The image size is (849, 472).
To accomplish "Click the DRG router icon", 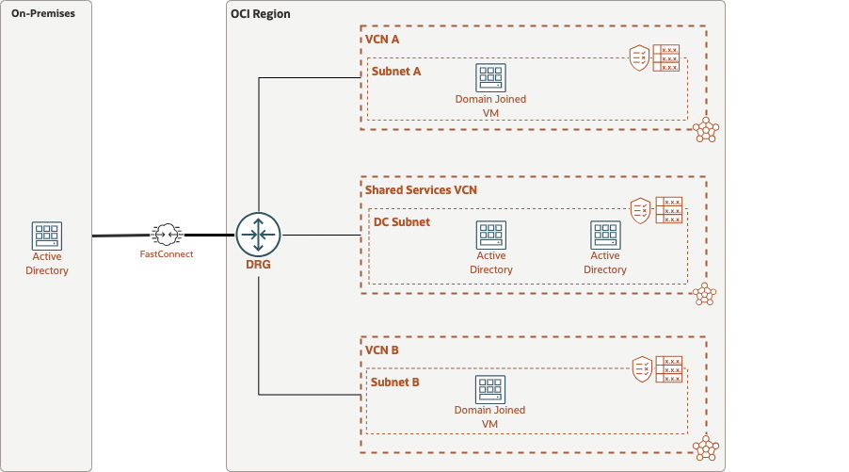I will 258,234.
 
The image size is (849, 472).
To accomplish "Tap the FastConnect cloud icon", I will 166,235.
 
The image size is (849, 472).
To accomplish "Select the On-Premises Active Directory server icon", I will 46,236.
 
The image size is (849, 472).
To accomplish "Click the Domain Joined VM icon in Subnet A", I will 490,78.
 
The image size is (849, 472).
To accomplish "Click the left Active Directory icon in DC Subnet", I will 490,236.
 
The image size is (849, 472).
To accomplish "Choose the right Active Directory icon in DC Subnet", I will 604,236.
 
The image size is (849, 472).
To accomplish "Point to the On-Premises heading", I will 43,14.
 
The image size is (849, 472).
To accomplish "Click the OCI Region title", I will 261,14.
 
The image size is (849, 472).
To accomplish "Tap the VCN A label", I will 382,40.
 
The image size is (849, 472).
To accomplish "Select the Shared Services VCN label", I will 421,190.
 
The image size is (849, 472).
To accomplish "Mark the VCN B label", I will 382,350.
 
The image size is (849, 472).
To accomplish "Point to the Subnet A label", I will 396,72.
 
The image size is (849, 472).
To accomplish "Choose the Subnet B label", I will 396,382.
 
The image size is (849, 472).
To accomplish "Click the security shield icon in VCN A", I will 639,58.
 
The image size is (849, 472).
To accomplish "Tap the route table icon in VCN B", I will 669,369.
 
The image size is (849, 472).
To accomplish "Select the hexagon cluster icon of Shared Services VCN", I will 704,294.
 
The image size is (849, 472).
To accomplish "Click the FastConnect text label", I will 166,254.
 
